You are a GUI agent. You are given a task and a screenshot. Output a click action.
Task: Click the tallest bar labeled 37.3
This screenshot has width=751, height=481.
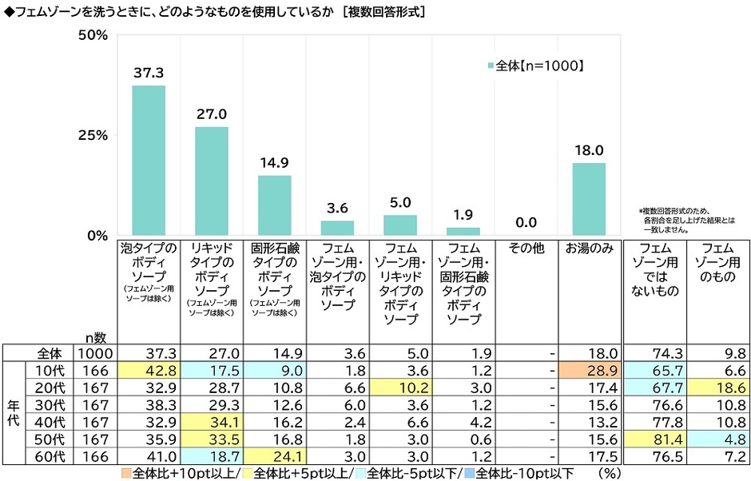(149, 161)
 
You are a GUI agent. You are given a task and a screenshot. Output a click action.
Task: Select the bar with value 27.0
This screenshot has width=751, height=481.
(212, 181)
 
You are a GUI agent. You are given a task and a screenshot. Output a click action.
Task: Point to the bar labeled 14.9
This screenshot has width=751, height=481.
(274, 205)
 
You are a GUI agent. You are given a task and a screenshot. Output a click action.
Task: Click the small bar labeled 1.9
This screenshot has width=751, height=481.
(463, 232)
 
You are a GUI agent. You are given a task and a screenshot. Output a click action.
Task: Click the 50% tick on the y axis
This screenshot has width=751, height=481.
(93, 35)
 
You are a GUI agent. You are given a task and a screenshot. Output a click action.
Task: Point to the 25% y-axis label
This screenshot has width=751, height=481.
(93, 135)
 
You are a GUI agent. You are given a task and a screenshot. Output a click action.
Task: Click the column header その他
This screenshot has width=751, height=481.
(526, 249)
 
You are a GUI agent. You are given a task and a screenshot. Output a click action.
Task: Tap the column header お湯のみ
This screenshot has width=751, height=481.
(589, 249)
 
